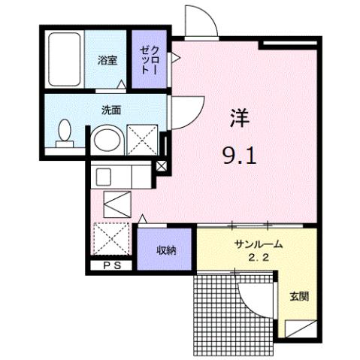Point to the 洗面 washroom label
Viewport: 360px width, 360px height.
tap(112, 108)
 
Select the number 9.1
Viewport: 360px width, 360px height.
tap(240, 158)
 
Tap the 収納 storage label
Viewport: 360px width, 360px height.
tap(166, 250)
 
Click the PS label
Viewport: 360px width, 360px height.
tap(111, 265)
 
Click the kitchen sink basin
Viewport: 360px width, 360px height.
tap(105, 177)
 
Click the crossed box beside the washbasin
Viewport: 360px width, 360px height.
tap(141, 141)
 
